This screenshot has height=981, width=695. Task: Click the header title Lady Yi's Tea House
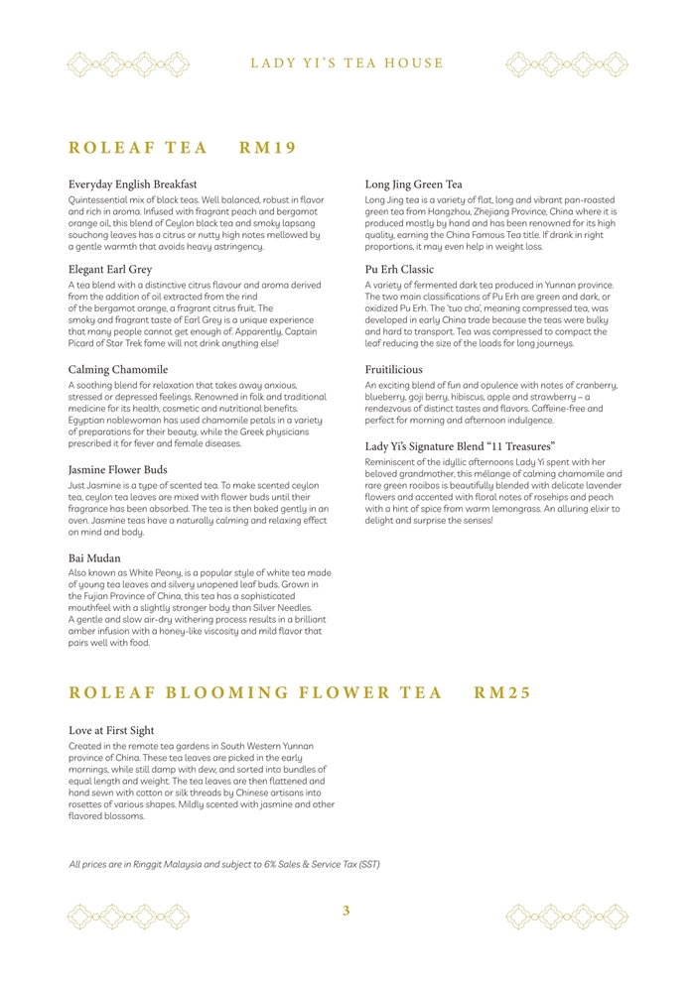coord(347,63)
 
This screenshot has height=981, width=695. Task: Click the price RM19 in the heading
coord(268,148)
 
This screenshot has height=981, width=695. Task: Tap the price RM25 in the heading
coord(502,692)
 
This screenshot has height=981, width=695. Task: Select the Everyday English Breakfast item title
coord(132,184)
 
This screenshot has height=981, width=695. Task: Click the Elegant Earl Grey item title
coord(110,269)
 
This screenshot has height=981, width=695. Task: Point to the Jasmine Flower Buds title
coord(117,468)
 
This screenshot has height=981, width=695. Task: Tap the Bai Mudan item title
coord(94,558)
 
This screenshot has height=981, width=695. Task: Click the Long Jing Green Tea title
coord(413,184)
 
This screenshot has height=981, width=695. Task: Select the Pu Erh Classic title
coord(401,269)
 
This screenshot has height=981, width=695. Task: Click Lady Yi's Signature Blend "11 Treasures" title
coord(460,446)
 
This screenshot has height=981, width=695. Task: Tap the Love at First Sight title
coord(111,730)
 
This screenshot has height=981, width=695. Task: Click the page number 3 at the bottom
coord(347,911)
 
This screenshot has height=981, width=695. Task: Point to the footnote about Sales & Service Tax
coord(224,864)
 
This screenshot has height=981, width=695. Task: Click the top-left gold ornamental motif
coord(128,64)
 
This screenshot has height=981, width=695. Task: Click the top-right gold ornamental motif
coord(566,64)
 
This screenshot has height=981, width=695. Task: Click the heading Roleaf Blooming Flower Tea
coord(254,692)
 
